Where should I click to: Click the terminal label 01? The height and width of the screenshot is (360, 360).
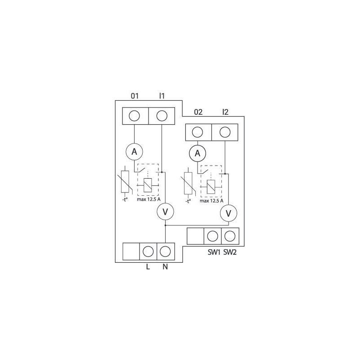[x=135, y=95]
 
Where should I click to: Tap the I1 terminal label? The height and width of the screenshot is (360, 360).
[x=162, y=95]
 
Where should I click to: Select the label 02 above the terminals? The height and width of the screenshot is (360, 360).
[x=198, y=112]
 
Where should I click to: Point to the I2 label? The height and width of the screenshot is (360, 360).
[x=225, y=112]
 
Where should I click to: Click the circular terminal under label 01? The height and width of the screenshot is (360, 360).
[x=135, y=116]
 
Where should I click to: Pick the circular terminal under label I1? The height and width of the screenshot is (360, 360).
[x=162, y=116]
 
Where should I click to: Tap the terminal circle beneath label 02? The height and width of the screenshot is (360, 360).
[x=198, y=132]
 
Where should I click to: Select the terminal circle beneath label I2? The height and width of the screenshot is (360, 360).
[x=225, y=132]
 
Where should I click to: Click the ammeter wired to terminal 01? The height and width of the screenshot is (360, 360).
[x=134, y=152]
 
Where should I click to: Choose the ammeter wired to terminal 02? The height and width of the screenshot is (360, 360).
[x=197, y=154]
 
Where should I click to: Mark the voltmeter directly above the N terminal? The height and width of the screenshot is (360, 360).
[x=165, y=211]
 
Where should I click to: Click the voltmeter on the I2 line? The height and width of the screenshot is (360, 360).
[x=228, y=213]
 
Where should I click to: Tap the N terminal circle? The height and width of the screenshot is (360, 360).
[x=166, y=250]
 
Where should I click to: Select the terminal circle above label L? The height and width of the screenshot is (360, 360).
[x=148, y=250]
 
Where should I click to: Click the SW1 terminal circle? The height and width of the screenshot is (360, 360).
[x=212, y=235]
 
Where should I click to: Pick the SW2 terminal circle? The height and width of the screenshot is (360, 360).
[x=229, y=235]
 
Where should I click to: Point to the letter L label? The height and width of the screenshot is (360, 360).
[x=148, y=266]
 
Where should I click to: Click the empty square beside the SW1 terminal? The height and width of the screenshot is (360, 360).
[x=195, y=235]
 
